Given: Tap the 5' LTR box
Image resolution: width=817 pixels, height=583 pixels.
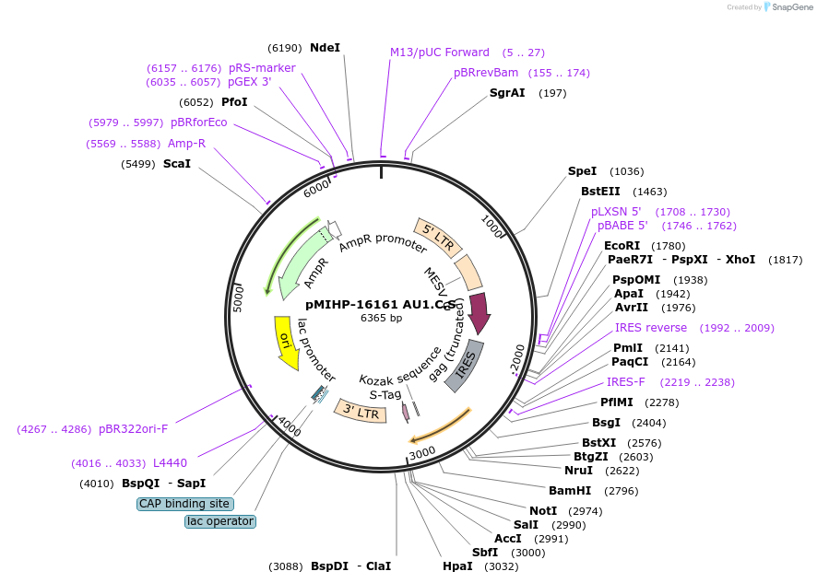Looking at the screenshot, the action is tap(438, 238).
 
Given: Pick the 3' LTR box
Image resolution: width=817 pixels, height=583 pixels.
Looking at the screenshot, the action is tap(361, 411).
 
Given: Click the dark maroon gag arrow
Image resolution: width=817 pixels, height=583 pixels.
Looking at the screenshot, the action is tap(479, 313).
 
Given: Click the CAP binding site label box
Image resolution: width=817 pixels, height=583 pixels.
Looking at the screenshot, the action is tap(185, 504).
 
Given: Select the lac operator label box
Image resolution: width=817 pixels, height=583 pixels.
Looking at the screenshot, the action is tap(220, 521).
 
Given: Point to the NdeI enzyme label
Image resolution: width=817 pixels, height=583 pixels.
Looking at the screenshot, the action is tap(325, 48).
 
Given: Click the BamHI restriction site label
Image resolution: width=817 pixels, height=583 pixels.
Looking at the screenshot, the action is tap(570, 491).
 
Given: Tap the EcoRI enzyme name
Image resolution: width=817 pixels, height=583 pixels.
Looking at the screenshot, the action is tap(622, 246).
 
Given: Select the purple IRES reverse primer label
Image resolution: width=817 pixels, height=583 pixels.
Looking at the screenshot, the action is tap(651, 328).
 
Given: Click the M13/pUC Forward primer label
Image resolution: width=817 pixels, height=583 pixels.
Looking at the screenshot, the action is tap(440, 52).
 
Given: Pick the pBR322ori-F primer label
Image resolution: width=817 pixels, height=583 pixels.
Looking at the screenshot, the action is tap(134, 429).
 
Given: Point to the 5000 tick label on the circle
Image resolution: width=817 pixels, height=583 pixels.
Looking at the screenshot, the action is tap(238, 298).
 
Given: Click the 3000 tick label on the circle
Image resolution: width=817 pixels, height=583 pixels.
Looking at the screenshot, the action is tap(422, 453).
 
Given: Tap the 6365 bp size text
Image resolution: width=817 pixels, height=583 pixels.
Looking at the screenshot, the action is tap(381, 318).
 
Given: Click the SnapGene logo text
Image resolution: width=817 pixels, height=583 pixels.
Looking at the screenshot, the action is tap(792, 7).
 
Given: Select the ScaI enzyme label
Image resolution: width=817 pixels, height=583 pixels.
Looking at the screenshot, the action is tap(177, 164).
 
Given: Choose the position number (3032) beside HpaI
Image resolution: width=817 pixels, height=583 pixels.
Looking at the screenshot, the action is tap(502, 566).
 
